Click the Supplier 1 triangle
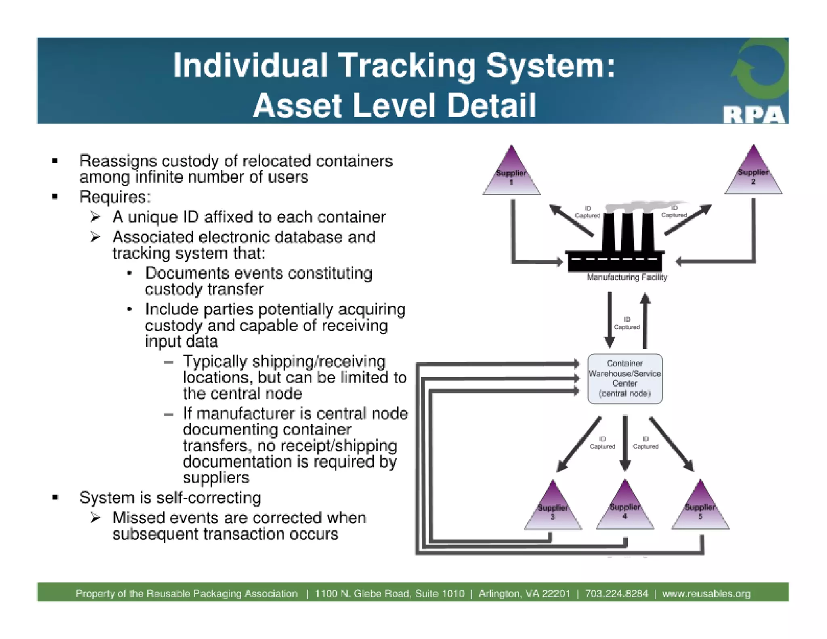click(511, 176)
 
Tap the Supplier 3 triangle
click(553, 510)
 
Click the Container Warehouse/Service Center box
click(625, 378)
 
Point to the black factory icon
click(615, 246)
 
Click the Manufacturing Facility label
click(627, 277)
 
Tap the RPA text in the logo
click(754, 115)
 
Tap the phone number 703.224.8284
click(616, 594)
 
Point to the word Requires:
click(115, 197)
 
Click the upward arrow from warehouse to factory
click(645, 321)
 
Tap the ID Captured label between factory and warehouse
click(627, 323)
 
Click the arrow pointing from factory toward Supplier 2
click(688, 220)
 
